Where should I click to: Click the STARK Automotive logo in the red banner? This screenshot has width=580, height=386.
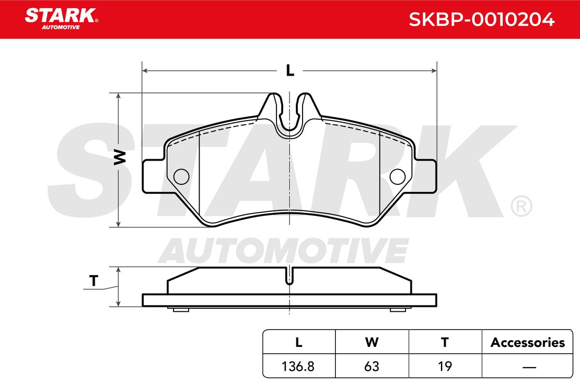61,19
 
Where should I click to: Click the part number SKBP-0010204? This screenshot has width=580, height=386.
481,19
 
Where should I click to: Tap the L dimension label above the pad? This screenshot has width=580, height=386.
290,70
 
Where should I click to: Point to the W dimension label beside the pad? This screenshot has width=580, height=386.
120,157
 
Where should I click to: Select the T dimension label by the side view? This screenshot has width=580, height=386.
94,280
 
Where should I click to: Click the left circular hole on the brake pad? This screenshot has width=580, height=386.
181,177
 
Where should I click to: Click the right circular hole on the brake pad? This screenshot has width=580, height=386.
397,177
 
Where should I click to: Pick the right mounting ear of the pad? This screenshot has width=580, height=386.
425,176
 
